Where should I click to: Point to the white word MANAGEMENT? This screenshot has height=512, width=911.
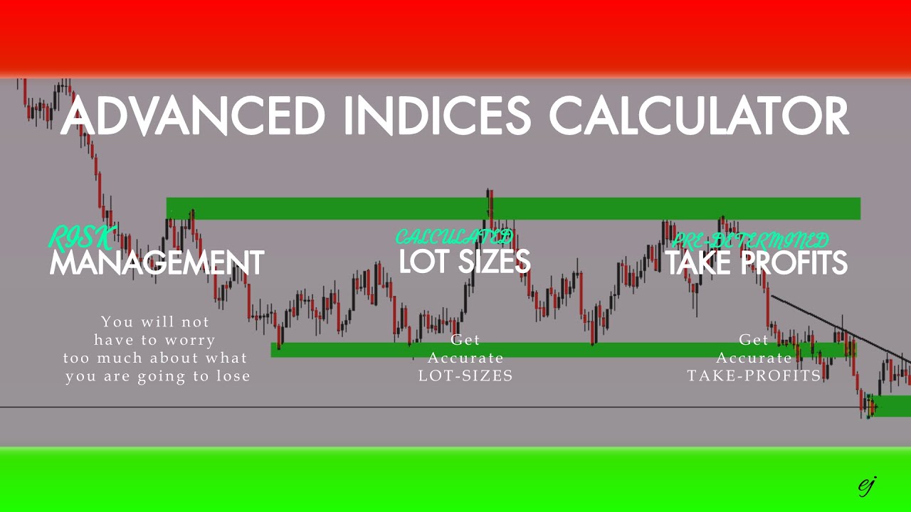(x=157, y=263)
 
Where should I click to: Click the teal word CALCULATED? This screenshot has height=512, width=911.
(x=454, y=237)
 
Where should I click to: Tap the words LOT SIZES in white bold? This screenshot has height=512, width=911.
(x=465, y=261)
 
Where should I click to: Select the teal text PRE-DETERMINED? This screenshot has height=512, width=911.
(x=750, y=240)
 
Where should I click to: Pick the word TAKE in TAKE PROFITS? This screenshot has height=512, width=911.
(x=698, y=263)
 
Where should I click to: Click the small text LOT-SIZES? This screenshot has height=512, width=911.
(x=465, y=375)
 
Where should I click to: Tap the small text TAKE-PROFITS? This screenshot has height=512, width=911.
(x=754, y=375)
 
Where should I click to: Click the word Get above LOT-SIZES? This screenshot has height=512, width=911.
(x=465, y=340)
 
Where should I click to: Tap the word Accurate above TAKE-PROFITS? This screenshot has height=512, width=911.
(x=754, y=358)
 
